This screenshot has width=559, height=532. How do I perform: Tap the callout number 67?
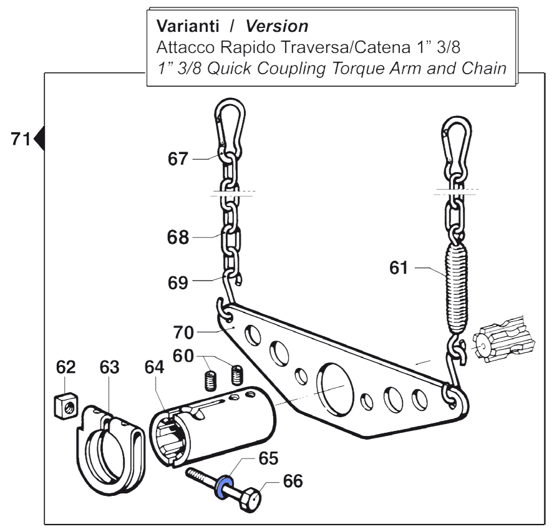(178, 159)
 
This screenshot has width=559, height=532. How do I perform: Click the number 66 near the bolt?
(293, 482)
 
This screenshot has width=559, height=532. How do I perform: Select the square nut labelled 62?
(63, 409)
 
